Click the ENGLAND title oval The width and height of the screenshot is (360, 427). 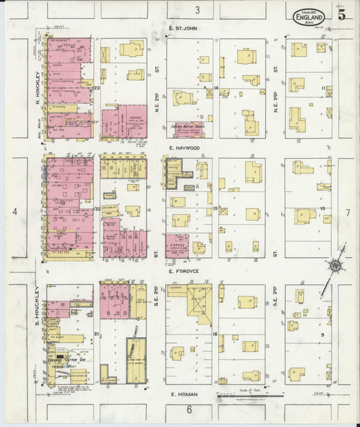click(309, 16)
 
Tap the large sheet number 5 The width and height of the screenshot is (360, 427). click(342, 16)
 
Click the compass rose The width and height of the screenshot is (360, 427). click(334, 266)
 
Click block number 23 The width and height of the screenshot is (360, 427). click(97, 89)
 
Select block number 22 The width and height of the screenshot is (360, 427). click(97, 209)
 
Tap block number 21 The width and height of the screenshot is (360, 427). click(97, 334)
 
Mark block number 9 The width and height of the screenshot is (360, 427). click(323, 334)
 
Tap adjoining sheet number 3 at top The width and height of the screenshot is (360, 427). click(198, 9)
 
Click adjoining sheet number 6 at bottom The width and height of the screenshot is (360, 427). click(190, 409)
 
